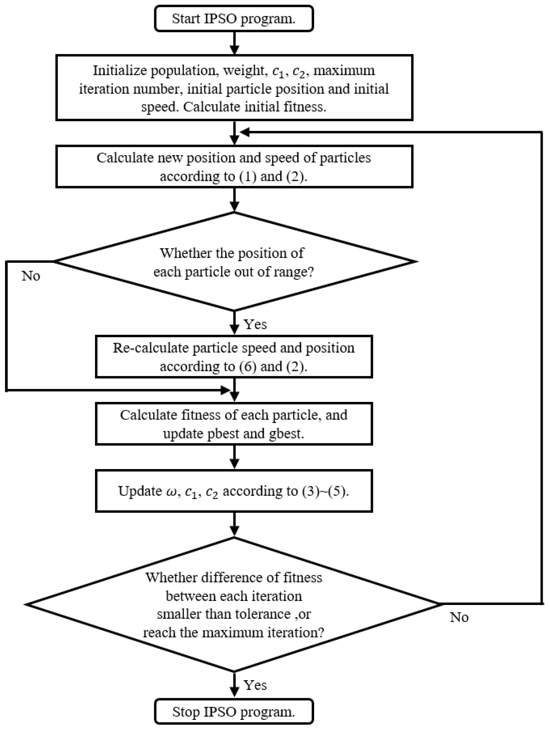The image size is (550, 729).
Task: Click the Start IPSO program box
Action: pyautogui.click(x=234, y=19)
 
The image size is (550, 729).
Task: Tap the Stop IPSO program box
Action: pyautogui.click(x=234, y=712)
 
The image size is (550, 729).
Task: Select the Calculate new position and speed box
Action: pyautogui.click(x=234, y=167)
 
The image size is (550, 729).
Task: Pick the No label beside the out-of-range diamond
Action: pyautogui.click(x=31, y=276)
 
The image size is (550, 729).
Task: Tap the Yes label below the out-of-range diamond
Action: pyautogui.click(x=255, y=324)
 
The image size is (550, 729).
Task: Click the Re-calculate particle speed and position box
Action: pyautogui.click(x=234, y=357)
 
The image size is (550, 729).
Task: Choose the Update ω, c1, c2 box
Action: pyautogui.click(x=234, y=491)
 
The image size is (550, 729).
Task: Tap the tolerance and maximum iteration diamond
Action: pyautogui.click(x=234, y=604)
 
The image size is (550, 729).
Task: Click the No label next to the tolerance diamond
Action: pyautogui.click(x=459, y=617)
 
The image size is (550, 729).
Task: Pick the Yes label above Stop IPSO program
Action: pyautogui.click(x=255, y=685)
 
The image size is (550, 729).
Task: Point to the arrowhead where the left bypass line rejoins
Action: pyautogui.click(x=225, y=391)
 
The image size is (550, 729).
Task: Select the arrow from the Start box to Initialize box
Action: pyautogui.click(x=234, y=43)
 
